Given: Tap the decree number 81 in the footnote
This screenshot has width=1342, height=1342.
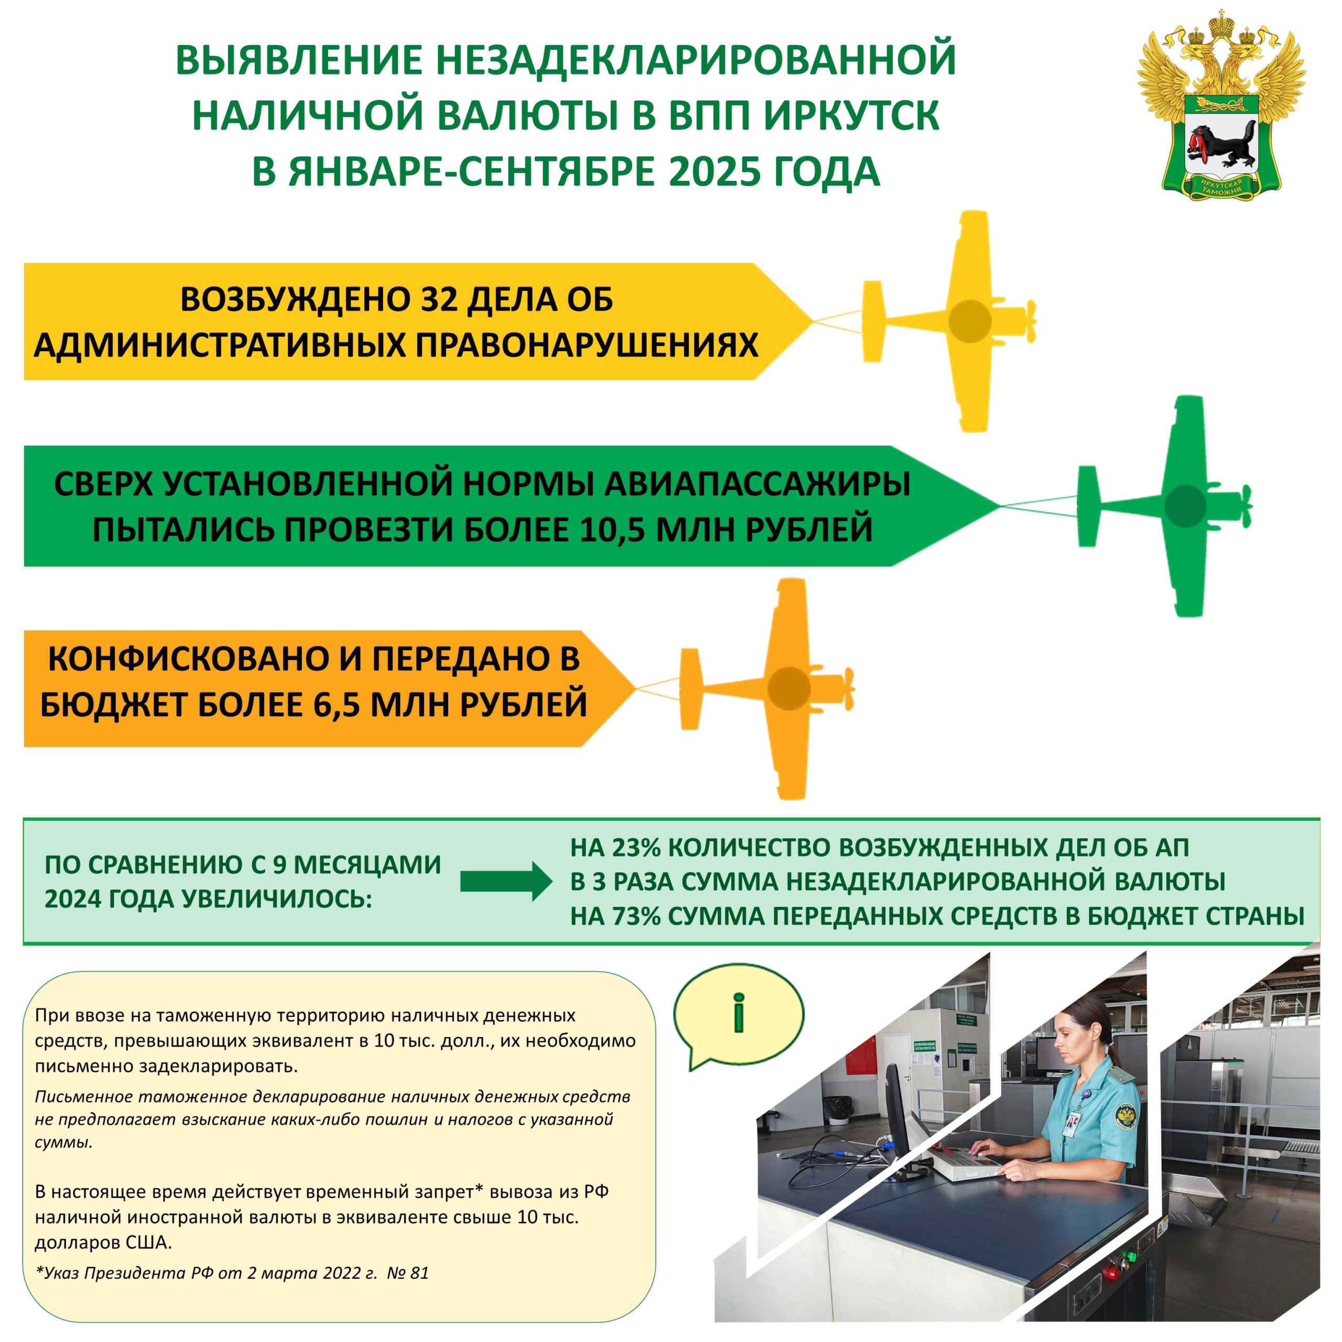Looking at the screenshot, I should pos(419,1274).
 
